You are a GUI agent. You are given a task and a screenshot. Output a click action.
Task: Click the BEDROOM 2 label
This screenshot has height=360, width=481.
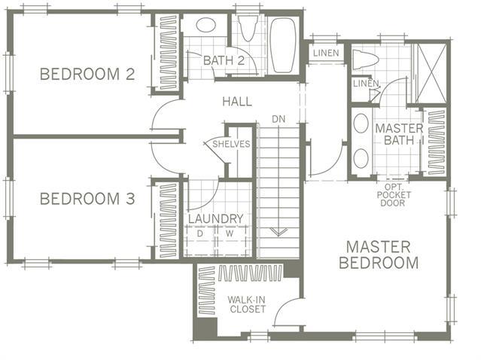pos(87,74)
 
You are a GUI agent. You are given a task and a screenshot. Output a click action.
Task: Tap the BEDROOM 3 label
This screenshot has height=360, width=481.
pos(87,199)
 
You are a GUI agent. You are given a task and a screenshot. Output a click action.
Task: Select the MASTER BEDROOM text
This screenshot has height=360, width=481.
pos(379,255)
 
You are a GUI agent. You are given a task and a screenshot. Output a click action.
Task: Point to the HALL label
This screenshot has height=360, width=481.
pos(237,102)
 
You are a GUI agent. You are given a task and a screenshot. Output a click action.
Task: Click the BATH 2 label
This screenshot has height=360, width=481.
pos(224,60)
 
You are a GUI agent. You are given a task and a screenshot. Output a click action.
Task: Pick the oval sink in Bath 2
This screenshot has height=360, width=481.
pos(205,25)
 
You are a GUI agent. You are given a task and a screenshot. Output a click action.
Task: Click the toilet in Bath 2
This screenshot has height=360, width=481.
pos(248,29)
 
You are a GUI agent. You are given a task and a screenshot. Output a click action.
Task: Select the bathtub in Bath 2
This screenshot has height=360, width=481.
pos(283,45)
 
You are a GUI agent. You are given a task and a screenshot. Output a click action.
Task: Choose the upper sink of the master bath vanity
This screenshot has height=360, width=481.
pos(361,123)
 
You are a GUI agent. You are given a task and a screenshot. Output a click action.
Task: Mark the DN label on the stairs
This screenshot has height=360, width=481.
pos(279,119)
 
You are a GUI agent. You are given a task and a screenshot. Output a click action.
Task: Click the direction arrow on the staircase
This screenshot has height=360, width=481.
pos(279,232)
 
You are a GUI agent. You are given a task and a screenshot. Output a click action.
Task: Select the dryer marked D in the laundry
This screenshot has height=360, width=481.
pos(200,241)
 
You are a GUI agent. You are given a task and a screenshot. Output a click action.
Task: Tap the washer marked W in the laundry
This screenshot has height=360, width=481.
pos(232,241)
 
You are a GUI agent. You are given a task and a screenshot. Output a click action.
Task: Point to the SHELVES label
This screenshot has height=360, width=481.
pos(231,144)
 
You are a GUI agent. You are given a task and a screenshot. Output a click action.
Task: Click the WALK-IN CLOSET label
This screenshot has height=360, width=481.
pos(247,304)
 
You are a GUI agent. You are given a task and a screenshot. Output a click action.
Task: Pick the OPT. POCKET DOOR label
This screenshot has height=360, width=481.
pos(394,195)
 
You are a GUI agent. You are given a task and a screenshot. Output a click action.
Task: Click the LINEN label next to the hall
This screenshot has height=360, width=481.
pos(326,53)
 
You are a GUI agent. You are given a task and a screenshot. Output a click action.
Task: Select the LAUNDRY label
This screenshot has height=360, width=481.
pos(215,219)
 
